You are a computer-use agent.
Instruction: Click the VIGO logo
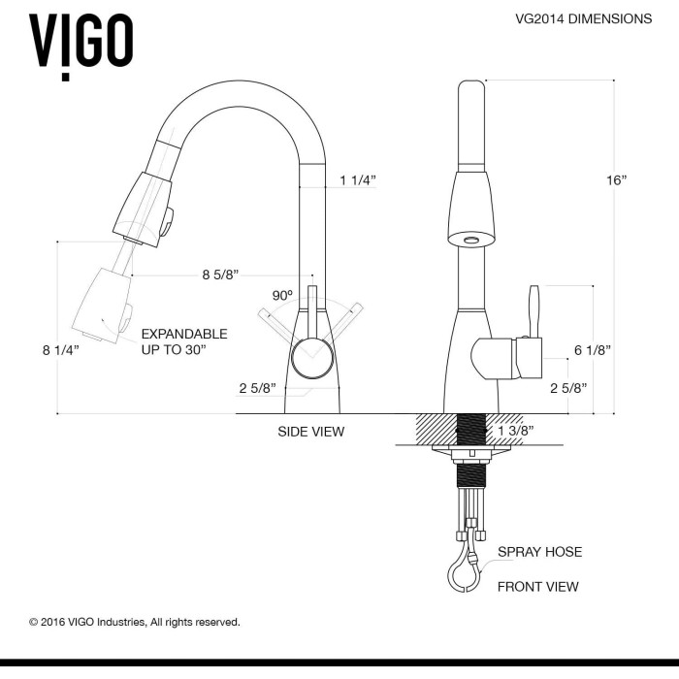point(81,47)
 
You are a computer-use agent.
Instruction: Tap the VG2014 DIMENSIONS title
point(583,18)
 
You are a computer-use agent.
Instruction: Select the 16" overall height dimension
point(617,180)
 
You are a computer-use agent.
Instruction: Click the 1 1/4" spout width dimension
point(358,180)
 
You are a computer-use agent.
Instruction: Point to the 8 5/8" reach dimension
point(220,275)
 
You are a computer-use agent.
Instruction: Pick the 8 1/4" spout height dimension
point(61,350)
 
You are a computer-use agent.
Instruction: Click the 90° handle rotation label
point(282,295)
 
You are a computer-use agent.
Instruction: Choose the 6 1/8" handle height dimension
point(593,350)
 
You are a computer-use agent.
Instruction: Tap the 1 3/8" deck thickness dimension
point(516,431)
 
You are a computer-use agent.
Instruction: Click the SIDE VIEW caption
point(311,432)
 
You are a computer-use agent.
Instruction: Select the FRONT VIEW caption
point(537,587)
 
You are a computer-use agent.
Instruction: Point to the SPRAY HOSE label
point(539,552)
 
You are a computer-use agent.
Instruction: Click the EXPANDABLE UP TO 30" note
point(184,341)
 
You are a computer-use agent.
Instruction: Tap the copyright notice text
point(134,623)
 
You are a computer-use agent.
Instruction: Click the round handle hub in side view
point(312,358)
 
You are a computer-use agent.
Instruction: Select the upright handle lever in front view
point(534,311)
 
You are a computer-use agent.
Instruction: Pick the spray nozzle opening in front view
point(470,240)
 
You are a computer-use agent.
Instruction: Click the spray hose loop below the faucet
point(465,572)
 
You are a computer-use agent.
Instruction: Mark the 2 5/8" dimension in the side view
point(257,388)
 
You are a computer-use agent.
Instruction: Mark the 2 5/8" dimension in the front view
point(568,388)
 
